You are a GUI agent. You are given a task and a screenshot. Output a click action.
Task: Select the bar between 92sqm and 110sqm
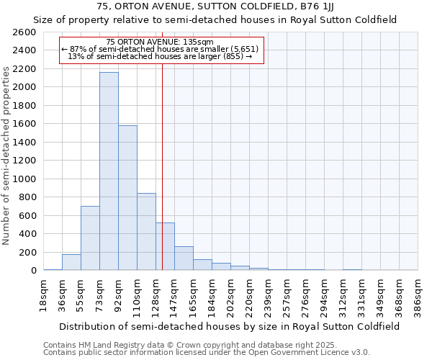tap(127, 198)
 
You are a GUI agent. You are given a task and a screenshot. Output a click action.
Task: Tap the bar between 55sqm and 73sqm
tap(90, 238)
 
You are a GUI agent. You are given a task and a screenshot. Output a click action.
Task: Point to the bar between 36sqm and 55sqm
tap(71, 262)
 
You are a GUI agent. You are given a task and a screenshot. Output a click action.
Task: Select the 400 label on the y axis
tap(29, 234)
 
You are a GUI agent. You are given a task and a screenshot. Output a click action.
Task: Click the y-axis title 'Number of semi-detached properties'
tap(7, 155)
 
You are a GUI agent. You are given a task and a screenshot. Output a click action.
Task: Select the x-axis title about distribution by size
tap(230, 326)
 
